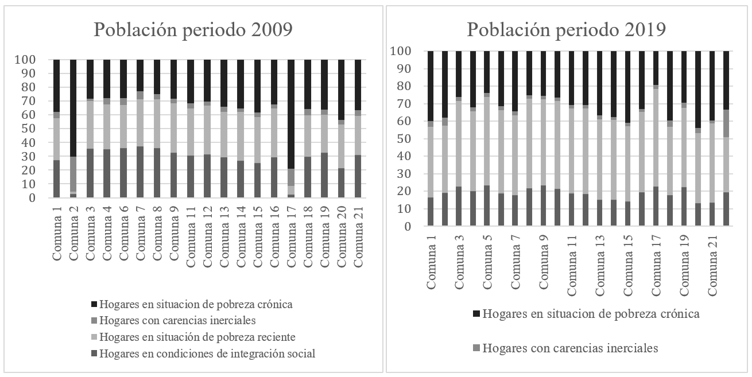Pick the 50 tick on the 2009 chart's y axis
coord(44,129)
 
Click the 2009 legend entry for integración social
coord(207,353)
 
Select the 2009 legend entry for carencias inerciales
coord(177,320)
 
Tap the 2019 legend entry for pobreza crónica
coord(586,314)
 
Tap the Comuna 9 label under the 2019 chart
coord(542,259)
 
